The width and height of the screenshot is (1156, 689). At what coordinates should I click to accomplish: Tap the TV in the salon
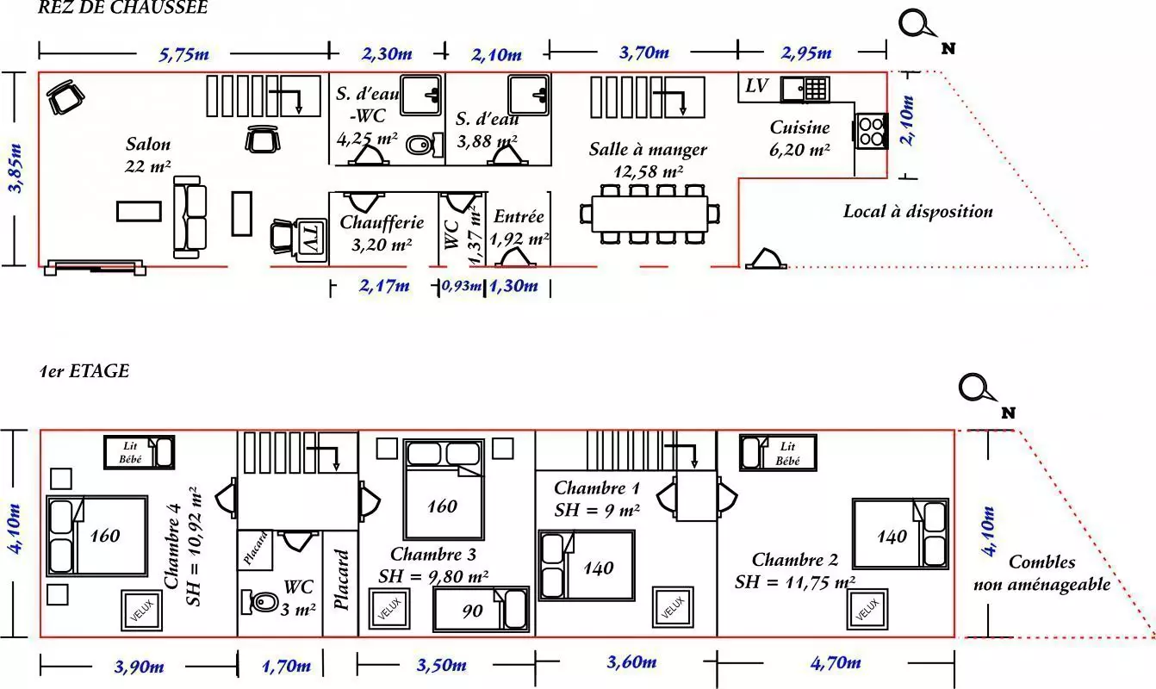coord(309,236)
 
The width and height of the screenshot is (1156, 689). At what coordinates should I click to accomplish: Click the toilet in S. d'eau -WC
coord(420,145)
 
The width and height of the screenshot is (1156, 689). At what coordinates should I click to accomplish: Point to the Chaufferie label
coord(382,222)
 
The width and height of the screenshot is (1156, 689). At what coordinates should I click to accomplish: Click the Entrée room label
coord(519,217)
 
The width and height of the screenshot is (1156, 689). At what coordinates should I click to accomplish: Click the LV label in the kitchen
coord(756,86)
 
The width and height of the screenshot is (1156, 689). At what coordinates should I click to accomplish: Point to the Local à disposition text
coord(917,211)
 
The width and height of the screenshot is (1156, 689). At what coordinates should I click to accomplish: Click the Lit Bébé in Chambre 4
coord(140,452)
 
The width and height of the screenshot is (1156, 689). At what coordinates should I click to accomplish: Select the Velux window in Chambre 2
coord(867,609)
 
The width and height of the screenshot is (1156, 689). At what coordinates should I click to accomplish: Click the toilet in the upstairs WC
coord(260,599)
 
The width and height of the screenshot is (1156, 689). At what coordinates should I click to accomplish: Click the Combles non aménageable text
coord(1041,573)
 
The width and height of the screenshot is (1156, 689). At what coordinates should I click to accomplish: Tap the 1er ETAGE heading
coord(84,371)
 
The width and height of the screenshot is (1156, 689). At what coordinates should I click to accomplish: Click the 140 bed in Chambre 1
coord(587,564)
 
